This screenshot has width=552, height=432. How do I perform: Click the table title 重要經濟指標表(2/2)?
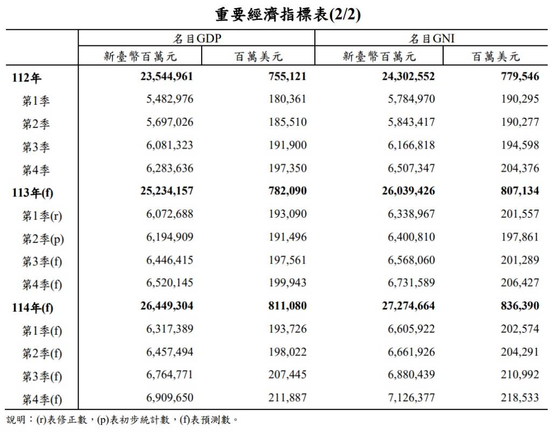[288, 14]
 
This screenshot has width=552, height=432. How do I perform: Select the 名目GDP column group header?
[196, 38]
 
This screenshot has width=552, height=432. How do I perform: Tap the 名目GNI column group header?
[432, 38]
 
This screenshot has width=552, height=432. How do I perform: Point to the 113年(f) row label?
[33, 192]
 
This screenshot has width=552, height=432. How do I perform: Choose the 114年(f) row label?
[33, 308]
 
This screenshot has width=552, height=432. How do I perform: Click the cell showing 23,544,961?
[167, 77]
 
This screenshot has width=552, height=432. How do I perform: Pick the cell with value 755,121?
[287, 77]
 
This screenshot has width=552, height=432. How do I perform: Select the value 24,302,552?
[408, 77]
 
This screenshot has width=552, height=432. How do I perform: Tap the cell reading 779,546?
[520, 77]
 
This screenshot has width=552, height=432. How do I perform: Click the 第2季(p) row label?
[43, 239]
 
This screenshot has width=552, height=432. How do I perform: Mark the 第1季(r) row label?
[42, 216]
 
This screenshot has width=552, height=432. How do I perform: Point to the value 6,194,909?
[169, 237]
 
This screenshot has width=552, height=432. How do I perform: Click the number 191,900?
[287, 145]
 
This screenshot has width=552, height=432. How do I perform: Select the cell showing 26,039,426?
[408, 191]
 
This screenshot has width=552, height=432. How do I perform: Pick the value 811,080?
[287, 306]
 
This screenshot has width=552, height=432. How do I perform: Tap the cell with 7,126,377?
[411, 398]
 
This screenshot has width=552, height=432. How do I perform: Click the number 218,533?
[520, 398]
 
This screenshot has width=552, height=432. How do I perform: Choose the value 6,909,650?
[169, 398]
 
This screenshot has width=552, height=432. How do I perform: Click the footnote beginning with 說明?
[122, 420]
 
